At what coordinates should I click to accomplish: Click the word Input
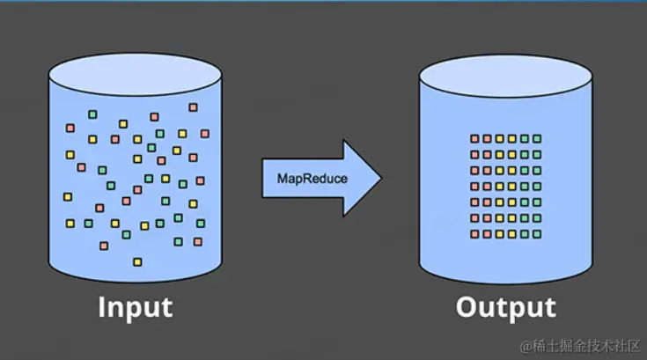point(135,307)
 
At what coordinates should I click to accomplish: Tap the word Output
point(505,307)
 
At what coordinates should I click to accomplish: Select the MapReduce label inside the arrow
point(312,178)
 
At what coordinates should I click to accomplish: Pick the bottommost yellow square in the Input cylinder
point(136,261)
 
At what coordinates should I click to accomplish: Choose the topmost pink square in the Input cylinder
point(193,107)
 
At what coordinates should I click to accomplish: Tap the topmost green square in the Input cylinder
point(92,114)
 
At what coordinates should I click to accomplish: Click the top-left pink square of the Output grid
point(474,139)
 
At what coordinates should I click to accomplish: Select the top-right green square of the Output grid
point(537,139)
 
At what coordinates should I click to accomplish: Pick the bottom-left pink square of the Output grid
point(474,234)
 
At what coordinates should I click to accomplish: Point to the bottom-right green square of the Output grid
point(537,234)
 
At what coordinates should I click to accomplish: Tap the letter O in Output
point(469,307)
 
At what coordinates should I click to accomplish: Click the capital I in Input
point(102,307)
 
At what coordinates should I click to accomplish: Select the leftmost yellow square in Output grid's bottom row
point(499,234)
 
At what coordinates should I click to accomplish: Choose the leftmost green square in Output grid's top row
point(525,139)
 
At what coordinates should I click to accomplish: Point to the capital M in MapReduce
point(283,178)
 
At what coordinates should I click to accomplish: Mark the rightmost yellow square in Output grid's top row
point(512,139)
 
